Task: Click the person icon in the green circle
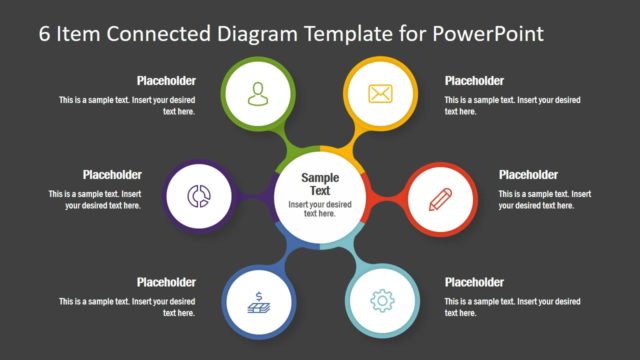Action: (259, 94)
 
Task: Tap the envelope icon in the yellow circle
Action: (380, 94)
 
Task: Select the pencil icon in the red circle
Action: (441, 198)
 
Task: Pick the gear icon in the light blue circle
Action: (380, 299)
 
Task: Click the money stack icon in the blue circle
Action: (259, 299)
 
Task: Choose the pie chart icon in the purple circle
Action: (198, 197)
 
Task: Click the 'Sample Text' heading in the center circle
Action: (320, 184)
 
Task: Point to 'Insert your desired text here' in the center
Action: (320, 208)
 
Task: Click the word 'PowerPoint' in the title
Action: (489, 33)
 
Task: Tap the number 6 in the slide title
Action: (45, 33)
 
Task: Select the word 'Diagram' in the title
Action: (255, 33)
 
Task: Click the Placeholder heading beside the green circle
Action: (166, 81)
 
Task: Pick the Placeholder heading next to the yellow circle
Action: (474, 81)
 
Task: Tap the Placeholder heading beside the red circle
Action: (528, 175)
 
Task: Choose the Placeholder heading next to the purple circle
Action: (112, 175)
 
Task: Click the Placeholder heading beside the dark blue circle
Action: (166, 282)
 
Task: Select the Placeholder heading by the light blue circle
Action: (474, 282)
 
